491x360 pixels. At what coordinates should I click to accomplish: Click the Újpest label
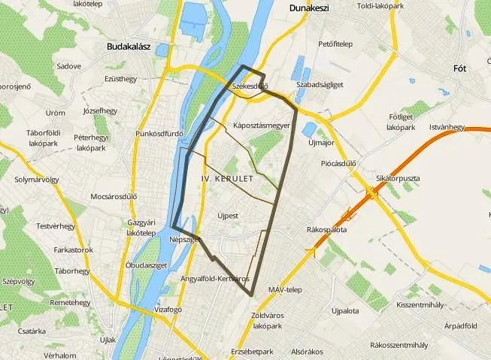227,215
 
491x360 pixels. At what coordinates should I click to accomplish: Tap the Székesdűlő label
250,87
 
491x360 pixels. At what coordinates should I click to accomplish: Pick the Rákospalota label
327,229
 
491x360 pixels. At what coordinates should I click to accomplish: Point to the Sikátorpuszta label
398,178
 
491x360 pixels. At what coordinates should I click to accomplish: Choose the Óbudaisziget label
146,265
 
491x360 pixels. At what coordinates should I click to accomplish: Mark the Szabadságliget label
320,85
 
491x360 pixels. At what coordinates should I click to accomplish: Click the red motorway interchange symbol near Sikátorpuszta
371,194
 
